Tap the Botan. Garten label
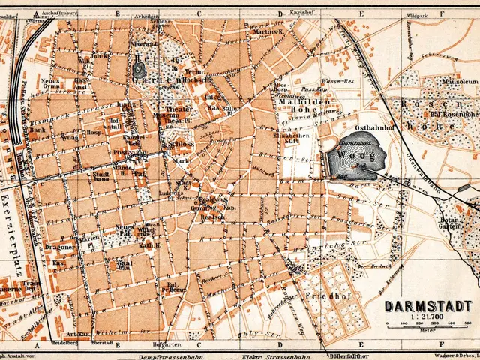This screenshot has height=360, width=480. (449, 214)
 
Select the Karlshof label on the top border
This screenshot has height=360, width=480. (300, 13)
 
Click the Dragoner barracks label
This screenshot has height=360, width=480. (60, 246)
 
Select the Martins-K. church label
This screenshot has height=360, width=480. (267, 32)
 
